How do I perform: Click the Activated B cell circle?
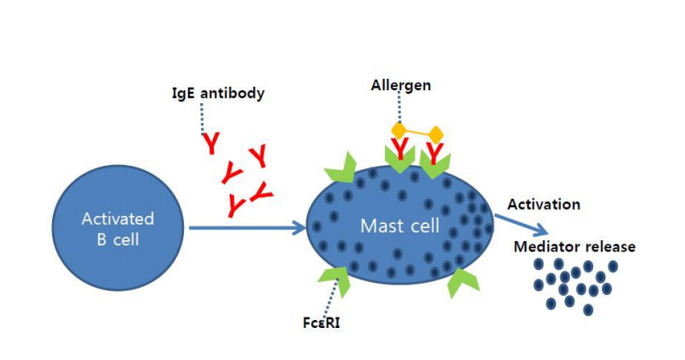pyautogui.click(x=118, y=227)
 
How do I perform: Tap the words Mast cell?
pyautogui.click(x=400, y=226)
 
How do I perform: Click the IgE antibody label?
pyautogui.click(x=218, y=94)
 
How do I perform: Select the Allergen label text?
pyautogui.click(x=401, y=85)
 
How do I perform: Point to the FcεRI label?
pyautogui.click(x=321, y=323)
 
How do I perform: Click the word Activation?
pyautogui.click(x=544, y=205)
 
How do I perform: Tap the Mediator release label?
pyautogui.click(x=575, y=246)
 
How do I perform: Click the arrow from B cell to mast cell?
pyautogui.click(x=247, y=227)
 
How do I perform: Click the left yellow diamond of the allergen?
pyautogui.click(x=399, y=130)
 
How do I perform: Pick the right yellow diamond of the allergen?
pyautogui.click(x=435, y=134)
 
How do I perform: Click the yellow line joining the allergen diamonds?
pyautogui.click(x=417, y=132)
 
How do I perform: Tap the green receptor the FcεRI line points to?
pyautogui.click(x=336, y=279)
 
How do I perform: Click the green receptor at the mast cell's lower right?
pyautogui.click(x=462, y=282)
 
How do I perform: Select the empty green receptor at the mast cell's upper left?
pyautogui.click(x=342, y=168)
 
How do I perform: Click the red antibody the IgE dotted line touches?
pyautogui.click(x=212, y=144)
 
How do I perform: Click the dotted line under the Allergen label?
pyautogui.click(x=399, y=108)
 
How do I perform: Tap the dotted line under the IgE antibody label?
pyautogui.click(x=202, y=118)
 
